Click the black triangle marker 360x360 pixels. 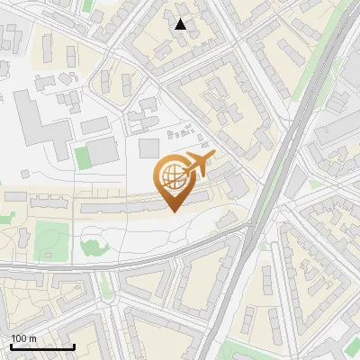click(181, 24)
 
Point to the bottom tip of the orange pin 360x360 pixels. click(172, 211)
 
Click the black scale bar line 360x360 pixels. click(42, 346)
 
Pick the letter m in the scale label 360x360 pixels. click(32, 338)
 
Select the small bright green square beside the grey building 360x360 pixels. click(83, 157)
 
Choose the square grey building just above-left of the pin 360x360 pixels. click(149, 148)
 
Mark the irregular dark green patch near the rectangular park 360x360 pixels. click(91, 245)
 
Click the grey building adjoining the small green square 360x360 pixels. click(103, 151)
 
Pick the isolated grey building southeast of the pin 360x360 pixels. click(228, 218)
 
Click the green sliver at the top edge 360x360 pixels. click(87, 4)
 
